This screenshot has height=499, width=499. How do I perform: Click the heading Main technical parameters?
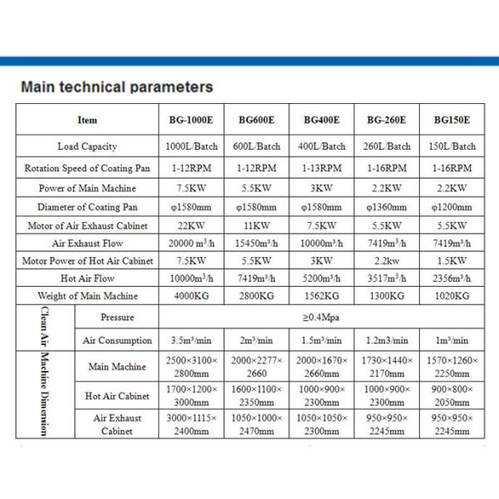point(116,86)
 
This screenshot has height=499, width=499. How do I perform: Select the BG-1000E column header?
point(190,120)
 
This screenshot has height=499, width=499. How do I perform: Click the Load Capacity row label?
point(87,146)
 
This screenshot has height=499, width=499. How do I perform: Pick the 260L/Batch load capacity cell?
point(387,146)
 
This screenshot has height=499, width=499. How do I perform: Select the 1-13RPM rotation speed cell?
point(322,167)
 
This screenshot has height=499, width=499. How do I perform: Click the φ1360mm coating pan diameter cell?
point(387,207)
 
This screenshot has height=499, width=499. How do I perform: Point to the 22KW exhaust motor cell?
point(190,225)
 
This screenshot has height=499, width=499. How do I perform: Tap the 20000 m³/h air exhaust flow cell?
point(190,243)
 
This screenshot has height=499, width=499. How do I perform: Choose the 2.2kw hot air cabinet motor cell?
point(387,261)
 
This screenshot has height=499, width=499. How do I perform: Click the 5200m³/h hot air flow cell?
point(322,279)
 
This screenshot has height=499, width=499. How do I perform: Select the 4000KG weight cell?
point(190,296)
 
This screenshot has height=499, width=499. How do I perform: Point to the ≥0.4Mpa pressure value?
point(322,317)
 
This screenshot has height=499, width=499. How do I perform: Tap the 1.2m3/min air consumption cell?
point(387,340)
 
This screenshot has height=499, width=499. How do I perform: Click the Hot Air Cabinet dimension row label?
point(117,397)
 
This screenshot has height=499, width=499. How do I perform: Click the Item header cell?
point(87,120)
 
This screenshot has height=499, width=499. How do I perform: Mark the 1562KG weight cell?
point(322,296)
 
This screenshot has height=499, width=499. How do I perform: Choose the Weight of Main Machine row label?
point(87,296)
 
